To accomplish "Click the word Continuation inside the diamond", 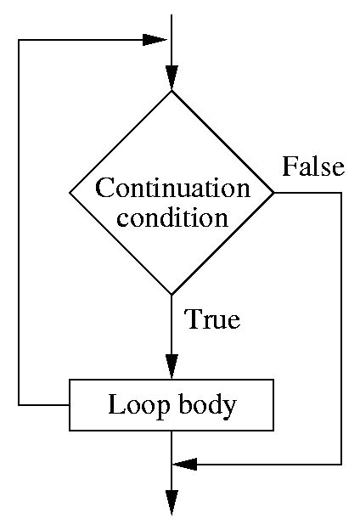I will point(172,187).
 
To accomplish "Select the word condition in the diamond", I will point(172,217).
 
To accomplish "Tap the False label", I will point(313,166).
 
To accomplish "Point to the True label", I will point(213,320).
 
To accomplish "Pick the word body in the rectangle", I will point(206,405).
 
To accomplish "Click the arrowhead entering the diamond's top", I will point(172,78).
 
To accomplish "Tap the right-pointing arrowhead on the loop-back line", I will point(154,40).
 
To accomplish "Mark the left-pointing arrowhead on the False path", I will point(185,465).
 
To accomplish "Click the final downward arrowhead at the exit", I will point(172,503).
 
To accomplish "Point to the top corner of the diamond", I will point(172,90).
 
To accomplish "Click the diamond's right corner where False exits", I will point(274,193).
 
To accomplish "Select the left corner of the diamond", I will point(69,193).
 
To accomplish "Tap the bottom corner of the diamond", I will point(172,295).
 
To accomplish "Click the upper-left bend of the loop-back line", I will point(19,40).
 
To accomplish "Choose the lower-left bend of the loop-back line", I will point(19,405).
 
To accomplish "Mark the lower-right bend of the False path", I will point(341,465).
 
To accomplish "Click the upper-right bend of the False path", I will point(341,193).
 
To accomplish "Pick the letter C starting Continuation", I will point(102,187).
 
